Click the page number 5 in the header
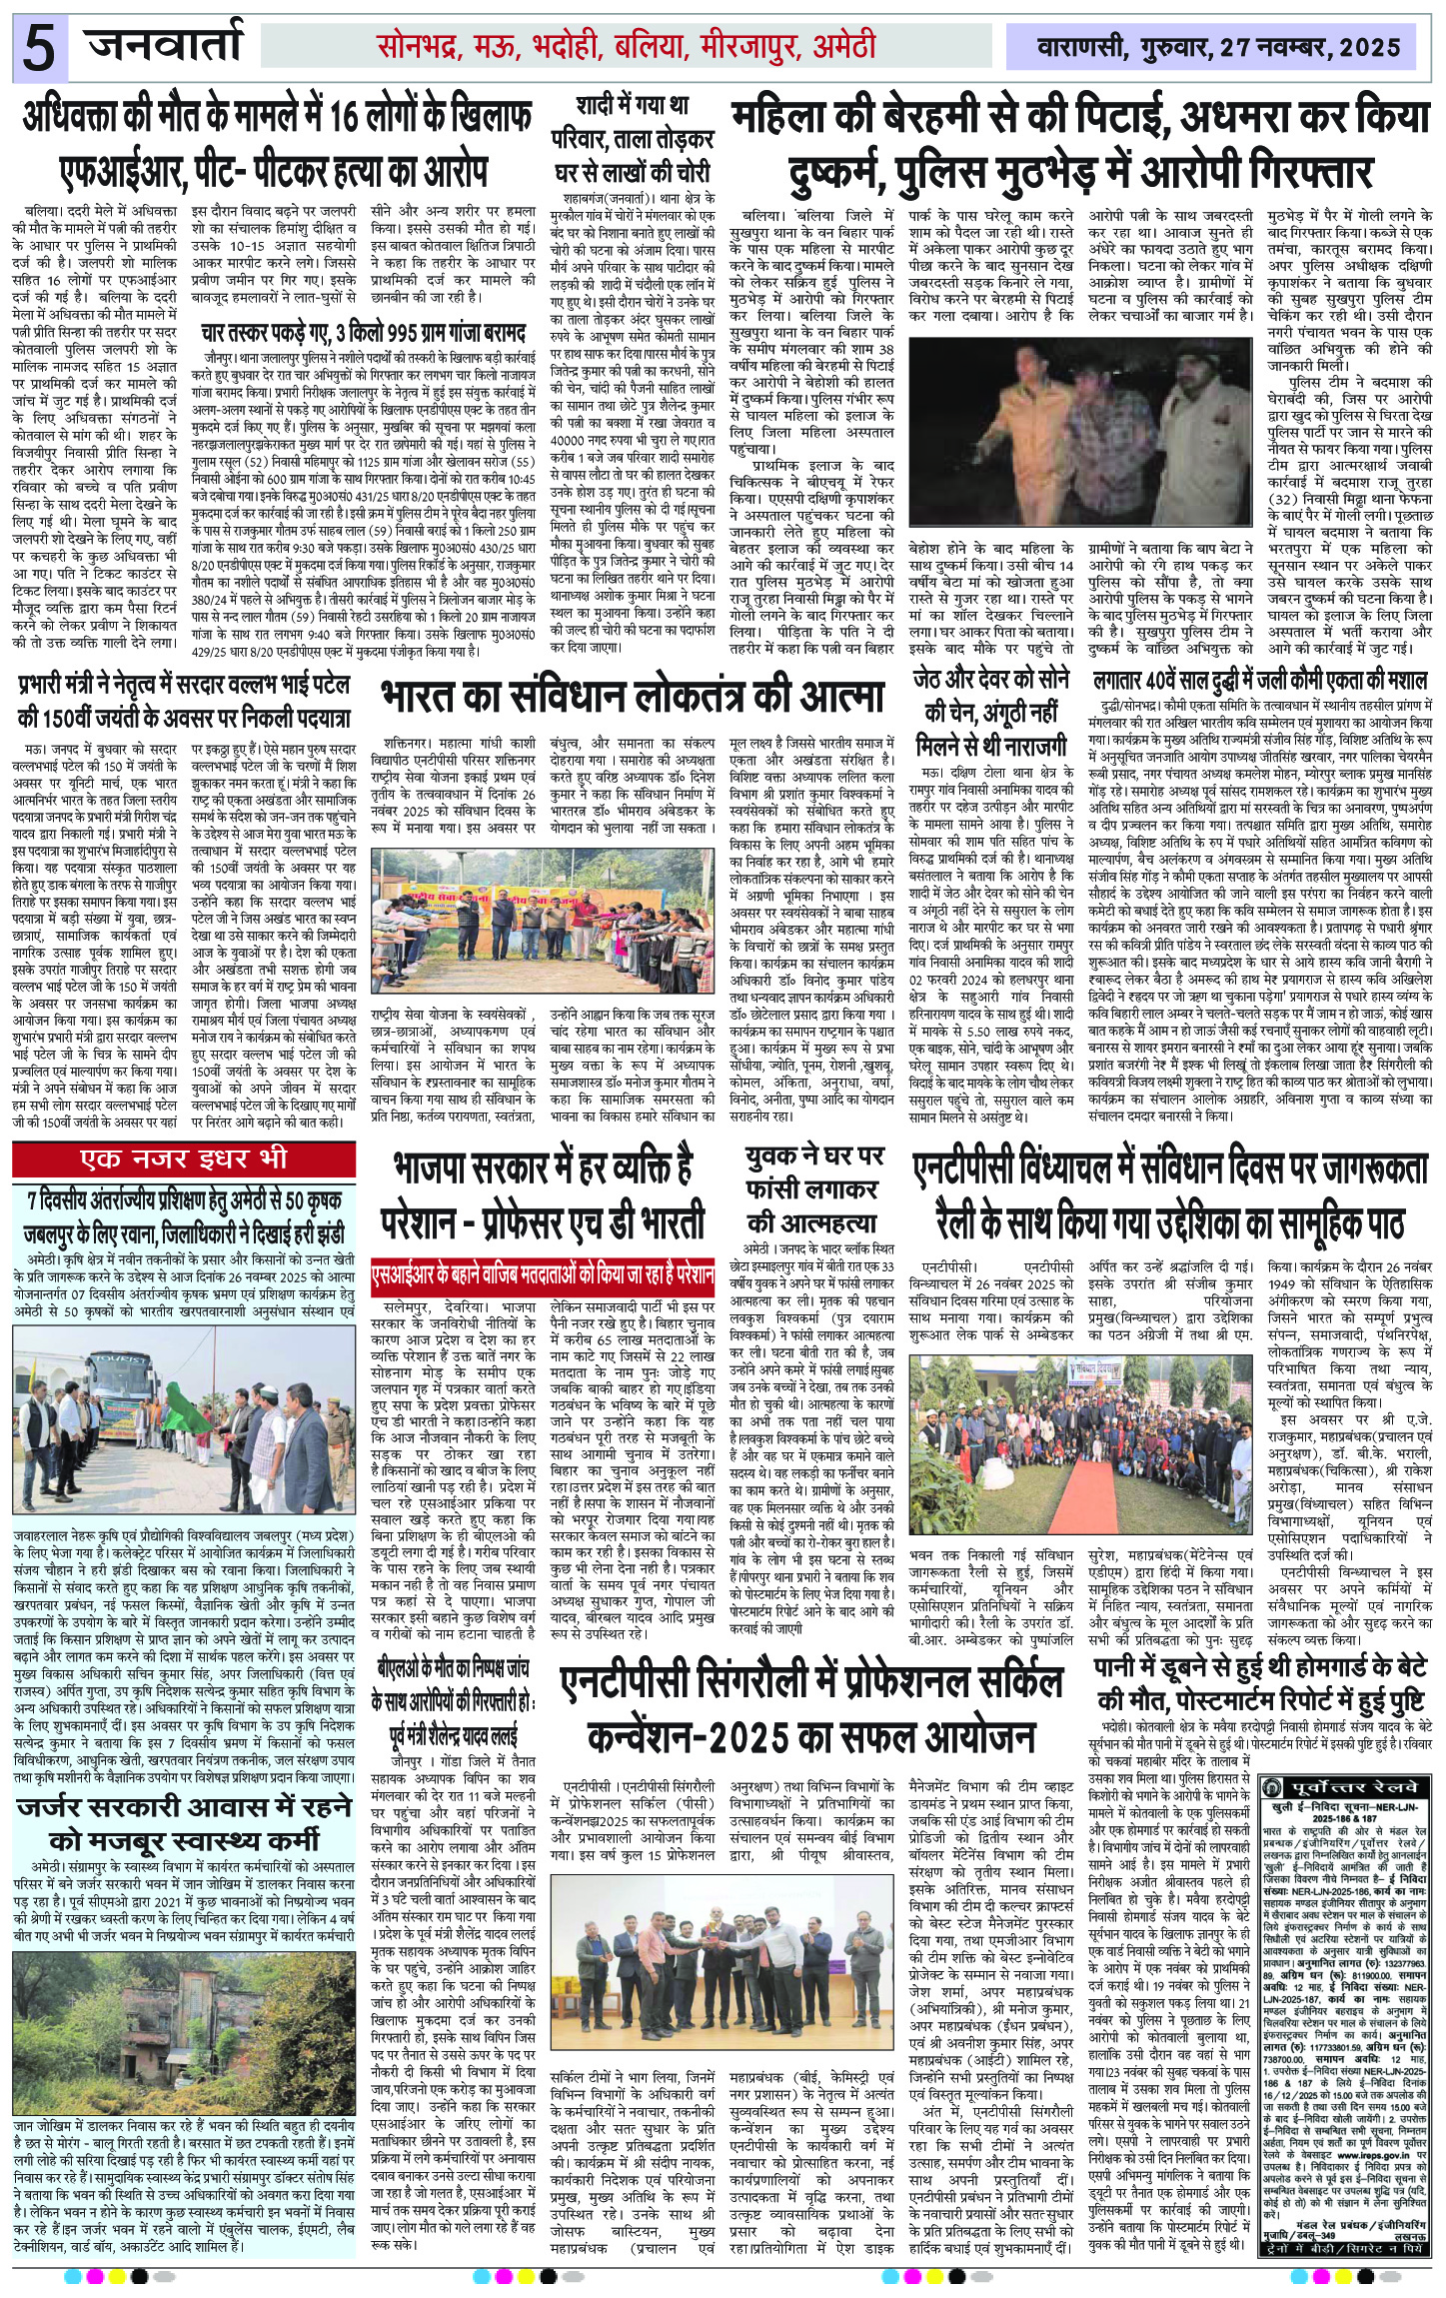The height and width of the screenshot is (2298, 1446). click(x=38, y=48)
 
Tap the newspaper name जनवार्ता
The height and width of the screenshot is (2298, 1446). click(x=164, y=46)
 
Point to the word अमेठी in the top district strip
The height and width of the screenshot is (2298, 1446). click(x=831, y=46)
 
